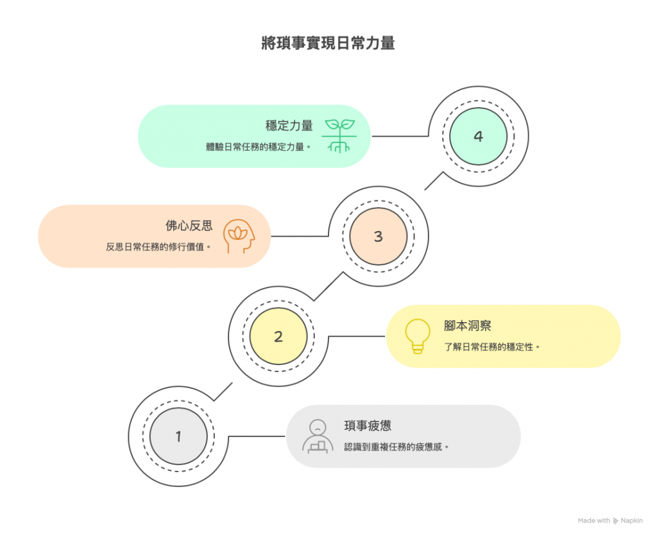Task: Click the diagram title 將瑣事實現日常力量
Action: point(328,44)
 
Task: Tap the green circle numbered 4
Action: point(478,136)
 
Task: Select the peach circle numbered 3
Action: point(378,236)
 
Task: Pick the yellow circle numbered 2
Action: point(278,336)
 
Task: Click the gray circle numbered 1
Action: point(178,436)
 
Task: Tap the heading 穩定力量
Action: point(289,126)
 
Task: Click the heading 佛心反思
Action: point(189,226)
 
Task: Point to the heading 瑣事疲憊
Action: point(368,426)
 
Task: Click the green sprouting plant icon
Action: point(338,135)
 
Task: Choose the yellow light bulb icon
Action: point(417,336)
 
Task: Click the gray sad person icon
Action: point(317,436)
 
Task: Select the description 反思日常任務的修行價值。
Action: point(158,247)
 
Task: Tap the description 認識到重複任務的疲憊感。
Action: point(396,447)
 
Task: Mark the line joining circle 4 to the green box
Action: point(400,136)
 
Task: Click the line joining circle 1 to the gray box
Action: point(257,436)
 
